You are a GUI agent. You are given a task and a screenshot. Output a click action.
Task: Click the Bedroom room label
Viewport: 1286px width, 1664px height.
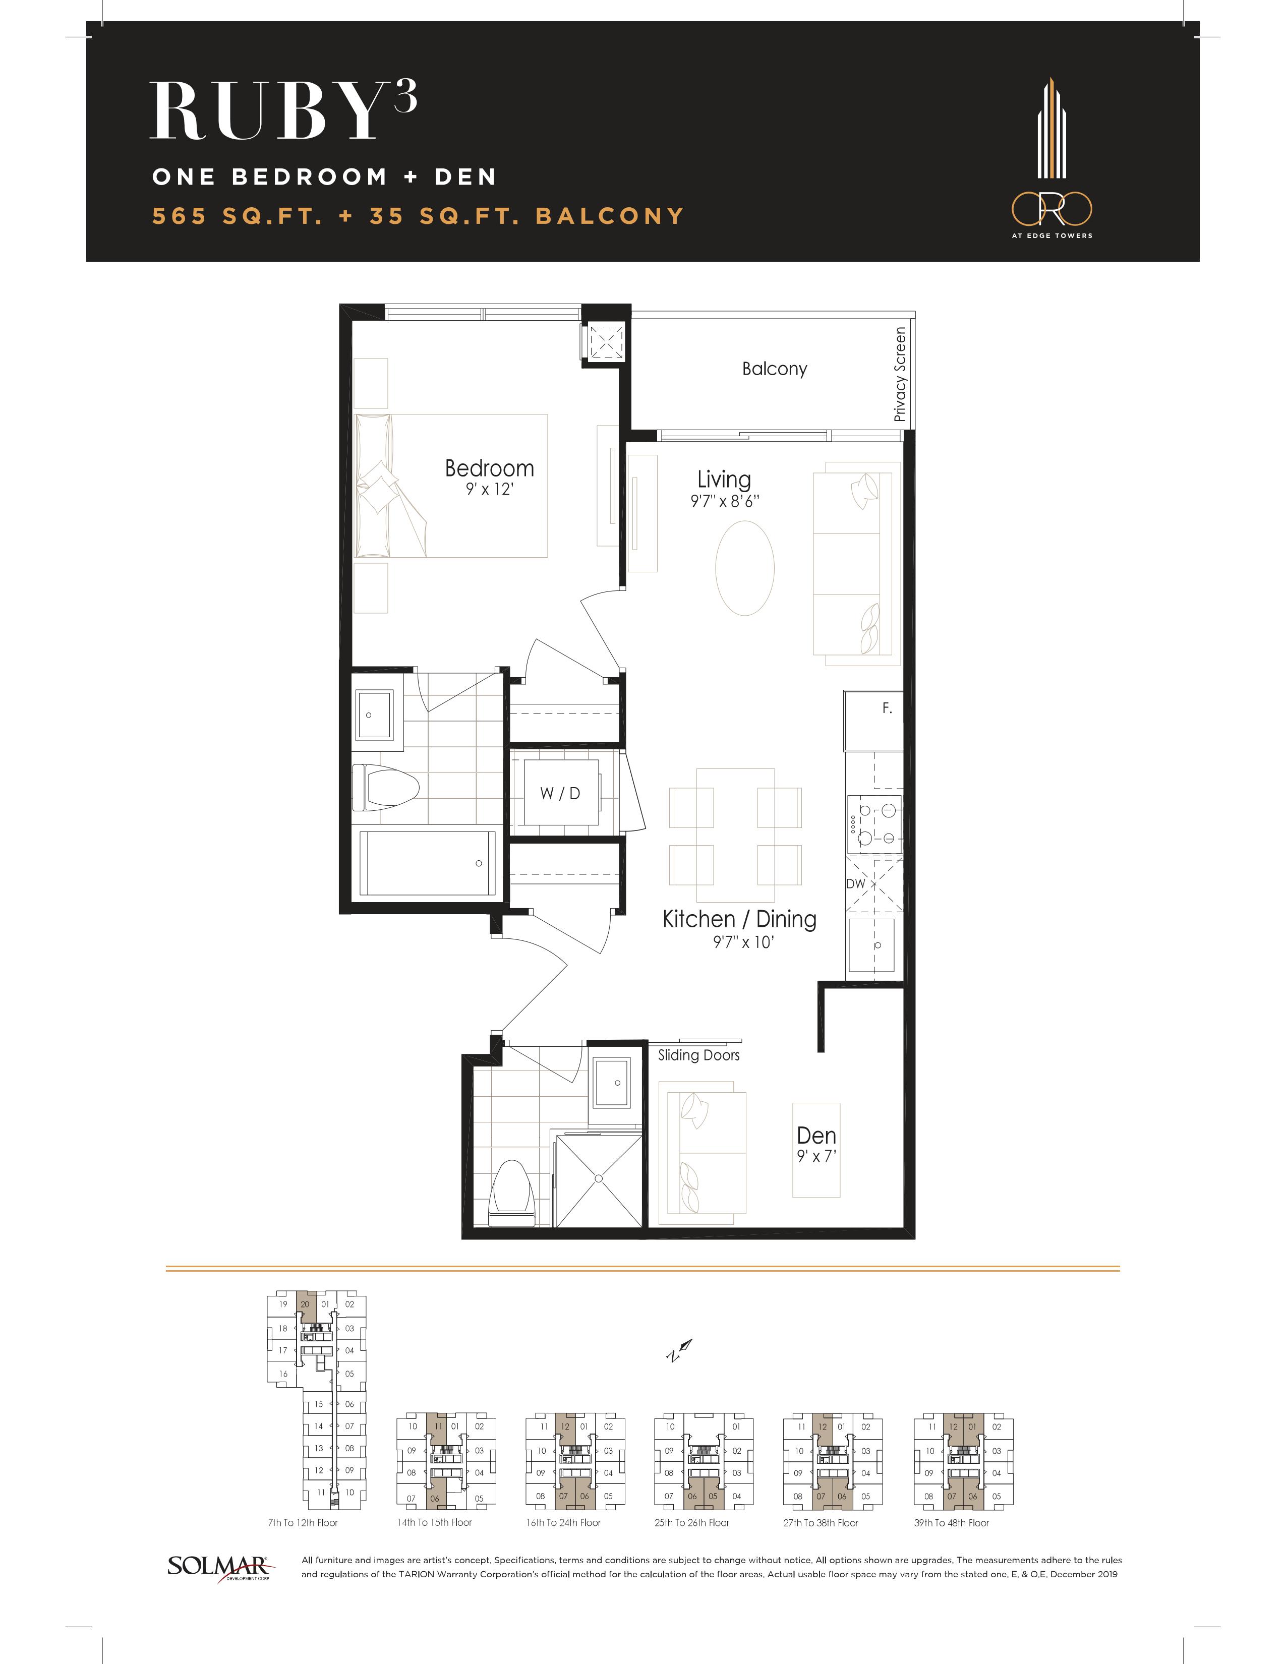click(x=489, y=468)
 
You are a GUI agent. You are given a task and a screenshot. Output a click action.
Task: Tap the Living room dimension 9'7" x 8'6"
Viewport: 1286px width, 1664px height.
click(x=725, y=501)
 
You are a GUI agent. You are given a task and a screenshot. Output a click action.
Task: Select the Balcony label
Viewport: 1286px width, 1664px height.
click(x=774, y=369)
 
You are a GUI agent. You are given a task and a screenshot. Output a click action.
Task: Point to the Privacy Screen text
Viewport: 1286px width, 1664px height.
click(x=900, y=374)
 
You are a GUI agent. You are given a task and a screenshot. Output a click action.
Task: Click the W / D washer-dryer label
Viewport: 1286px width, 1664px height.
click(x=560, y=793)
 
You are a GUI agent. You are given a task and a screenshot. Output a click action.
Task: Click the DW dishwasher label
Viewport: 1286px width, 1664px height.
click(x=855, y=884)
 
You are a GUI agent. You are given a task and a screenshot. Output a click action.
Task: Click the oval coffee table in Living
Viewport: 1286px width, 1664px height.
click(x=744, y=568)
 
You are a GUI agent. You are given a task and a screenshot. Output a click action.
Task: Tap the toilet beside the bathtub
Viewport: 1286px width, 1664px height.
click(x=386, y=787)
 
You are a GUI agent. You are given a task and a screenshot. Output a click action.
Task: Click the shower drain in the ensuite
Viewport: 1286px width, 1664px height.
click(x=599, y=1179)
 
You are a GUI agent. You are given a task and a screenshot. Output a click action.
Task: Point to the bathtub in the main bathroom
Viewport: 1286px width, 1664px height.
click(x=427, y=863)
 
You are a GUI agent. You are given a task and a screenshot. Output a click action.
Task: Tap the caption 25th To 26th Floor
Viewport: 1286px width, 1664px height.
click(x=692, y=1523)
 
